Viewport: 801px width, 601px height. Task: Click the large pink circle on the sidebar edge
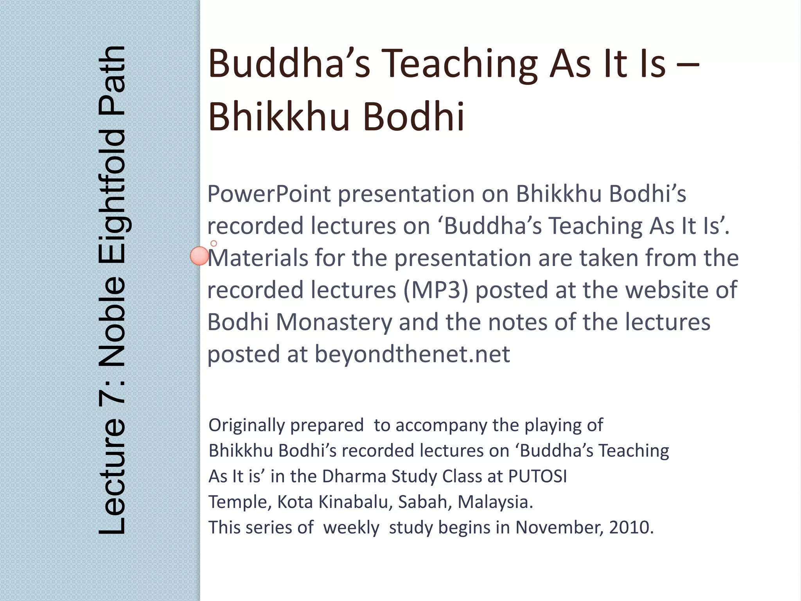(199, 256)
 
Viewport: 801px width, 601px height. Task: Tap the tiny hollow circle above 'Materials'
(214, 243)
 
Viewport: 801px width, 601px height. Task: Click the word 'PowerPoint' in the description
(269, 194)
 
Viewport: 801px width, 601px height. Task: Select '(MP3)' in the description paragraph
(436, 290)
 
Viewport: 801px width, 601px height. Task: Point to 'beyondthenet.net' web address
(412, 354)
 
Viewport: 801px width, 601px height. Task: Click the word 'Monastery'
(334, 322)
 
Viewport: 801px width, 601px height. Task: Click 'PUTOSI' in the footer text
(537, 477)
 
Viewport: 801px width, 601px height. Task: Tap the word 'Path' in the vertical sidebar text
(111, 80)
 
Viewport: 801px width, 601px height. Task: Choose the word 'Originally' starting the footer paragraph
(246, 425)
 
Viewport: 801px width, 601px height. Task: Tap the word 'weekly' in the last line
(351, 527)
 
